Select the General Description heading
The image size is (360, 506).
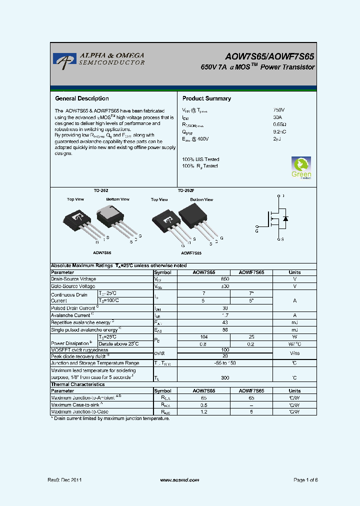click(x=81, y=98)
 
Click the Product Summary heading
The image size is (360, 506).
click(x=206, y=98)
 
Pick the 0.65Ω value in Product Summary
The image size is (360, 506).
click(x=279, y=124)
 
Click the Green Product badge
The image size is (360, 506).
click(x=301, y=167)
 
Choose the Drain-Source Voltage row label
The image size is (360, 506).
click(x=73, y=279)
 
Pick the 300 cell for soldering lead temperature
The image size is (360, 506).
click(x=225, y=378)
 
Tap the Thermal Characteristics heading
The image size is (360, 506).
click(x=78, y=384)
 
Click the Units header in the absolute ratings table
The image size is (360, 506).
click(x=294, y=272)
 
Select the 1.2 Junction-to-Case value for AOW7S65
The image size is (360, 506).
click(x=204, y=411)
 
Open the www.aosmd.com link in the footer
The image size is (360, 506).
click(x=179, y=480)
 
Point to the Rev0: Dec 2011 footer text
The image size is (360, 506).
click(x=64, y=480)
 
